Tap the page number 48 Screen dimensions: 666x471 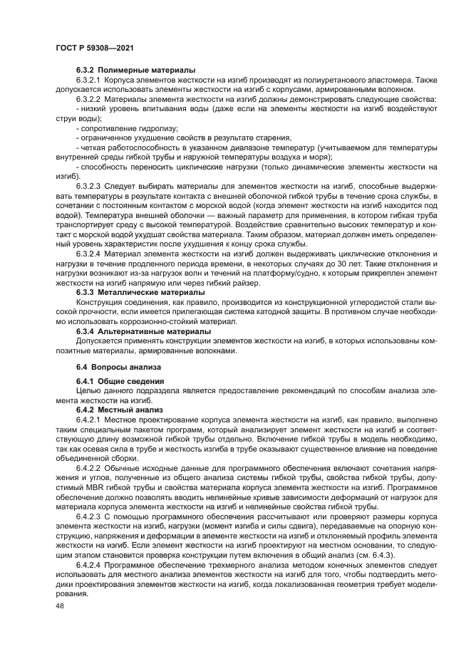pos(59,603)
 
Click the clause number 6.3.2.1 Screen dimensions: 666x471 pos(90,80)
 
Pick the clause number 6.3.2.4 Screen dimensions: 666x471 pos(90,253)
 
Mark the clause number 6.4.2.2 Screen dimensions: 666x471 pos(90,468)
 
